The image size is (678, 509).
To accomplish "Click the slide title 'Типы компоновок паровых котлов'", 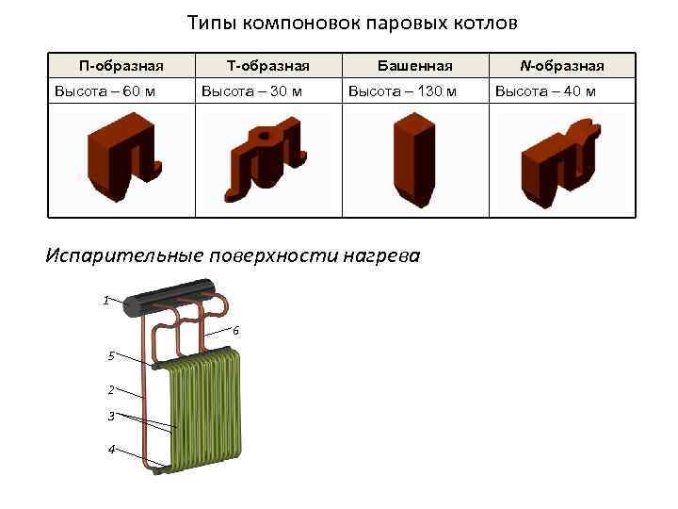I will [x=352, y=22].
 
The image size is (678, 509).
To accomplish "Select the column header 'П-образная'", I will [x=121, y=65].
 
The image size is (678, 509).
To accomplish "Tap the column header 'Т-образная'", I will [x=268, y=65].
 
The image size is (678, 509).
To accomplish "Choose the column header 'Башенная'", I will [x=414, y=65].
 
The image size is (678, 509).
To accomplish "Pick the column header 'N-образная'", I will [x=562, y=65].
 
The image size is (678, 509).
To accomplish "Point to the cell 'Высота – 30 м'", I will [x=250, y=91].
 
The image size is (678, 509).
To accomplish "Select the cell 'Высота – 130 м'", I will [x=402, y=91].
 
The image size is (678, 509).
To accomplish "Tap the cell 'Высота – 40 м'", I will [x=545, y=91].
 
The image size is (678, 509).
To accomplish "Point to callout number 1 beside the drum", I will [x=107, y=300].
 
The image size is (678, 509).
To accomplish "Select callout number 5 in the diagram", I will [x=111, y=355].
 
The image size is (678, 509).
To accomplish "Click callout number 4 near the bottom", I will [x=111, y=449].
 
